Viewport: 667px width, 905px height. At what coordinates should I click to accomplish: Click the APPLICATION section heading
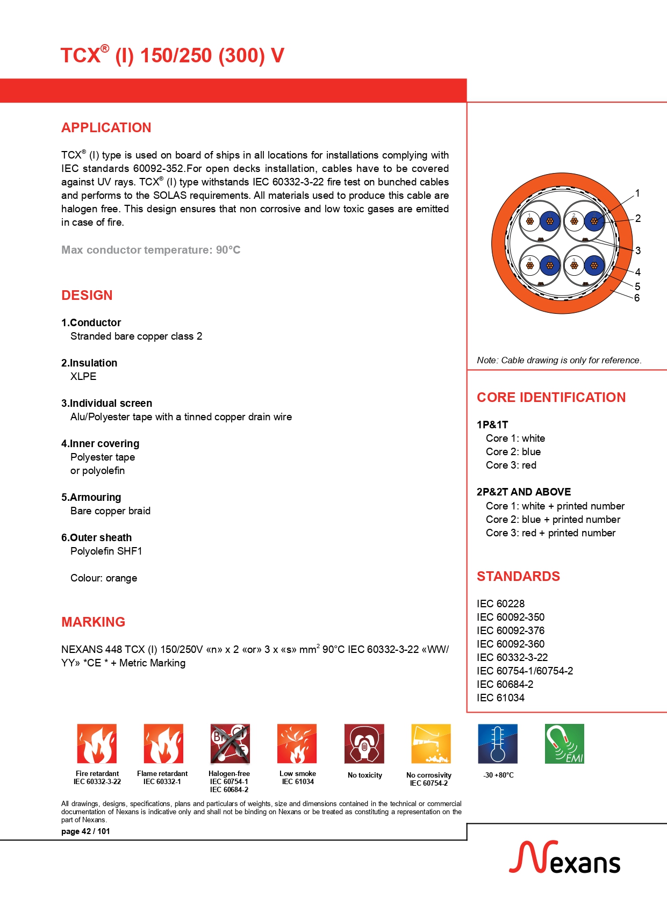point(106,128)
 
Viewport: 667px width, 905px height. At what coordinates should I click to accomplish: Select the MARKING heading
point(93,622)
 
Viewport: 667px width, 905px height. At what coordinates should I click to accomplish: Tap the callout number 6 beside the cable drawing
point(637,298)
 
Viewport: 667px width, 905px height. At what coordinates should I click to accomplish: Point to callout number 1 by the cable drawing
point(637,193)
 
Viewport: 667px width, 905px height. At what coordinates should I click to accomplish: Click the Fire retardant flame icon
point(97,743)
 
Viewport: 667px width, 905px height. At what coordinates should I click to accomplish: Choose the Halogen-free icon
point(229,743)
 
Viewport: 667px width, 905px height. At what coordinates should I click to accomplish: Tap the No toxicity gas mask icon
point(364,743)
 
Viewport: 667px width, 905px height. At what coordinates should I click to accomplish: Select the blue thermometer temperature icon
point(498,743)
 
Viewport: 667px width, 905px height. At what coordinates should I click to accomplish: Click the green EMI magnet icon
point(564,743)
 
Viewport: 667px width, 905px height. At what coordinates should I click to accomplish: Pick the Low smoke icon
point(297,743)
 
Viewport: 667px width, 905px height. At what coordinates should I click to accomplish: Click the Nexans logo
point(564,858)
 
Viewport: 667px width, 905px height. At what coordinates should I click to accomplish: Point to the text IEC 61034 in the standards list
point(500,698)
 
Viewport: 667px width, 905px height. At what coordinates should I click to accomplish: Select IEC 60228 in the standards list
point(500,604)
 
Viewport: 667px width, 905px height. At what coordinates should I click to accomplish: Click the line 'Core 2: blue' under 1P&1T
point(513,452)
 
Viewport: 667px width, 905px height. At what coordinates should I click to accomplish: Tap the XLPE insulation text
point(83,377)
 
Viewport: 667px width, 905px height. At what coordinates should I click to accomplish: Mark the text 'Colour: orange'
point(104,578)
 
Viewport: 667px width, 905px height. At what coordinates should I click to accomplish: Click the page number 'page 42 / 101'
point(85,831)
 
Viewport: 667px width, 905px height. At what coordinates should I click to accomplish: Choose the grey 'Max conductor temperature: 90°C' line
point(150,250)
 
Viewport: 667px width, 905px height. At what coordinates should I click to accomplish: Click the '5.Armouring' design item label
point(91,498)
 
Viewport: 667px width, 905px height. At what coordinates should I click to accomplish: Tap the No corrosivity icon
point(431,743)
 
